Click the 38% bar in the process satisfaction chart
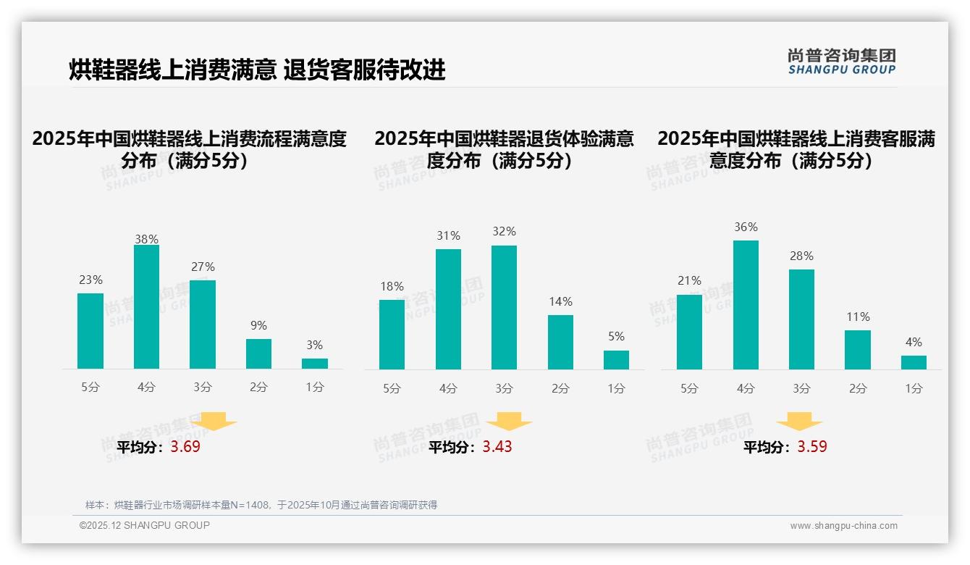(146, 307)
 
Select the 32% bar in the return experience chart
(504, 307)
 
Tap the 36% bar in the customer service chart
(746, 305)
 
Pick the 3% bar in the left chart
(315, 364)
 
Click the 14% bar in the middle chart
(560, 342)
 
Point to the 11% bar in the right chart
(858, 350)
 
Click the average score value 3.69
(185, 447)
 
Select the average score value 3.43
(497, 447)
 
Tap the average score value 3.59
(812, 447)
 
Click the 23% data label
(90, 280)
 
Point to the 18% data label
(392, 287)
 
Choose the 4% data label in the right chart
(914, 343)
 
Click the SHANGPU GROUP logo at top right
(841, 62)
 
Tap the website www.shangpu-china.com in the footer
(843, 526)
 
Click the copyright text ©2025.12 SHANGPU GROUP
(145, 525)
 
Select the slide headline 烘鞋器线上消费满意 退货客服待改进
(257, 70)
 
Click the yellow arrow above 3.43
(509, 422)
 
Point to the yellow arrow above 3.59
(799, 422)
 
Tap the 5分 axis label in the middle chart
(392, 389)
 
